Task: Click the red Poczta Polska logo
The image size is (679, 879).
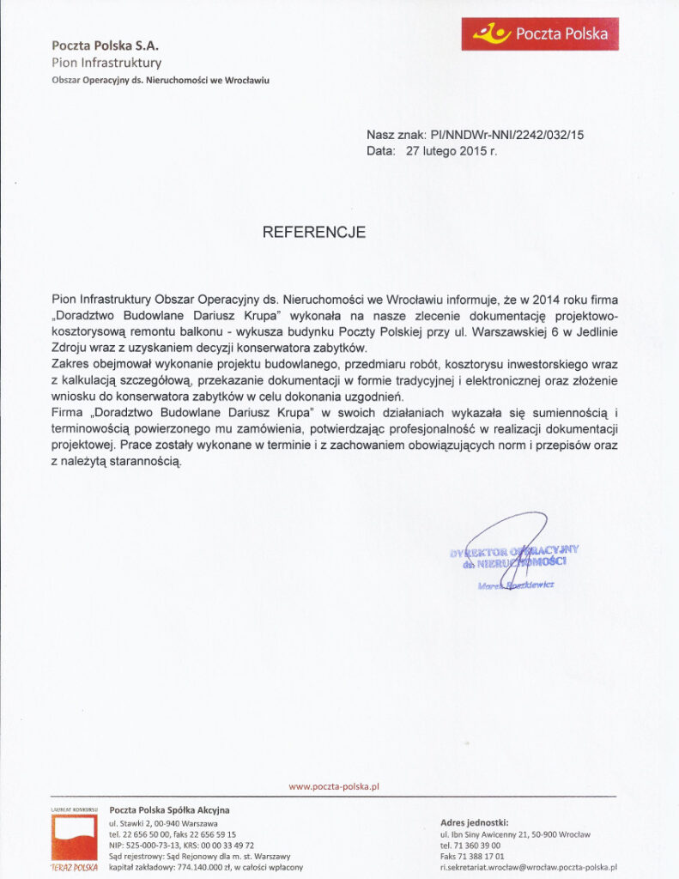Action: pos(540,34)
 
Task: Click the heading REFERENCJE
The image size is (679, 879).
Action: pos(314,233)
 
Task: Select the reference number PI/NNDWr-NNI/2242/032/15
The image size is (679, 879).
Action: pos(506,135)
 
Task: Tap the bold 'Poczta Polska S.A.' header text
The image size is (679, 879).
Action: pos(105,45)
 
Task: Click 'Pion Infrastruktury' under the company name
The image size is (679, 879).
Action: pos(106,63)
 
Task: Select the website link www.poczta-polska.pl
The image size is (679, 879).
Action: pos(334,786)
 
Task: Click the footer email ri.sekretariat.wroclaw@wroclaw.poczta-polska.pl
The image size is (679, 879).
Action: pos(529,868)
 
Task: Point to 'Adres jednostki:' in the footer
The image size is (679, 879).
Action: pos(474,821)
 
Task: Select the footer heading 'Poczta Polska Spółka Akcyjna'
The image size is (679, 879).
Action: pos(170,809)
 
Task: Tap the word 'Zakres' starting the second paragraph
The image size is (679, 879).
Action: pos(70,364)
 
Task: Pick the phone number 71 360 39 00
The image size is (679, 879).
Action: pos(477,845)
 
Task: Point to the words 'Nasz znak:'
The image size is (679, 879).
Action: pos(396,135)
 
